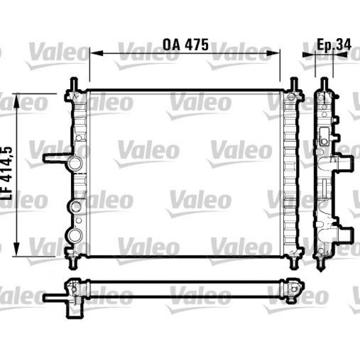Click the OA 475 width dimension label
click(x=186, y=44)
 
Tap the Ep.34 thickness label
click(x=334, y=44)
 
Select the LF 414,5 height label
click(x=8, y=173)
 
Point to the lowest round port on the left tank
click(x=76, y=235)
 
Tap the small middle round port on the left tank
click(x=76, y=206)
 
